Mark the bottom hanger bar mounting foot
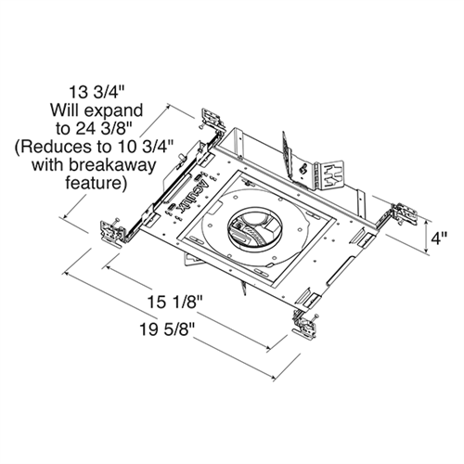307,322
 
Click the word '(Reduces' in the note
49,148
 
